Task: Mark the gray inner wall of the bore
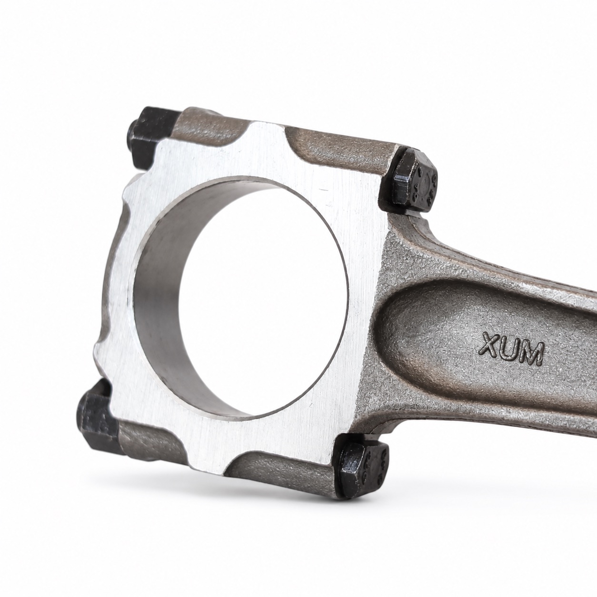155,298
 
